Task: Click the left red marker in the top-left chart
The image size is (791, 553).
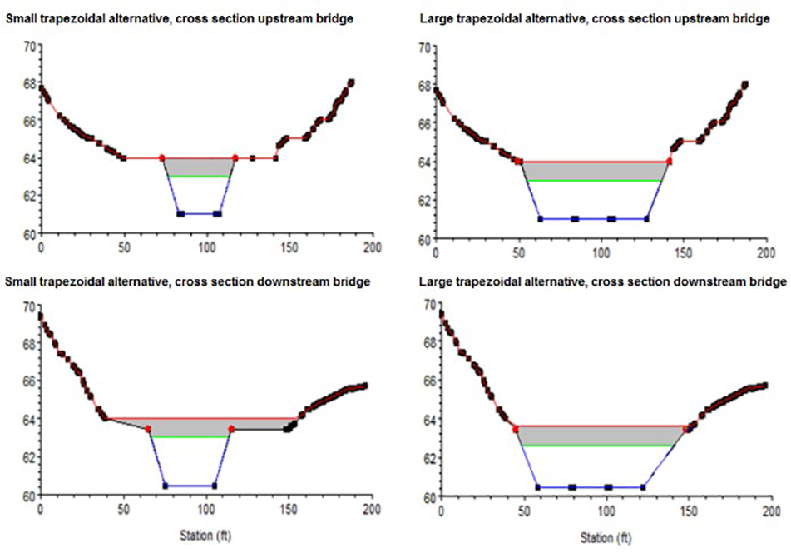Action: (161, 157)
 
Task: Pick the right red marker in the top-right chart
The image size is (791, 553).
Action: (669, 161)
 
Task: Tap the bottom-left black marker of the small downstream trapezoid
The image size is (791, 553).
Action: (166, 486)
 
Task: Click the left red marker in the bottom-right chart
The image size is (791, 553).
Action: (516, 430)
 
